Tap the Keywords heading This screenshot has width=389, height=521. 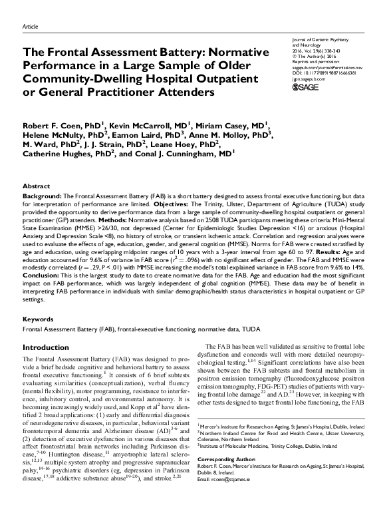[x=38, y=319]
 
